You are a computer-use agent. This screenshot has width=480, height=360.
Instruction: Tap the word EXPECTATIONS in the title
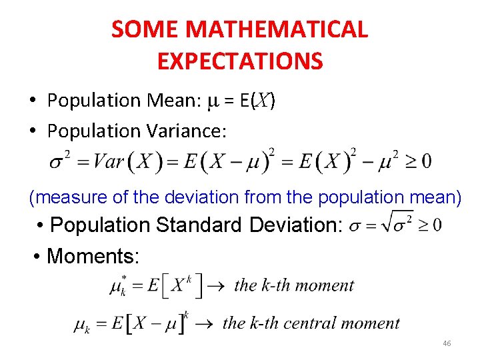[240, 61]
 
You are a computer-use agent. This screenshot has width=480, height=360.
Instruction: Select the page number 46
[447, 343]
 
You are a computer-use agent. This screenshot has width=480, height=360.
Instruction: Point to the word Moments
[93, 255]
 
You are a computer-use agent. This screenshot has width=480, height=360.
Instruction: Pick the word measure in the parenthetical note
[65, 197]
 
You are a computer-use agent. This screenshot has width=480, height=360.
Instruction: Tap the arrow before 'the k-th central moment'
[206, 323]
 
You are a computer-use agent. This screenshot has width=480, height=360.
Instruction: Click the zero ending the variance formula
[425, 161]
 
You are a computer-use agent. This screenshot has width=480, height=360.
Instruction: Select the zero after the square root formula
[436, 224]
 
